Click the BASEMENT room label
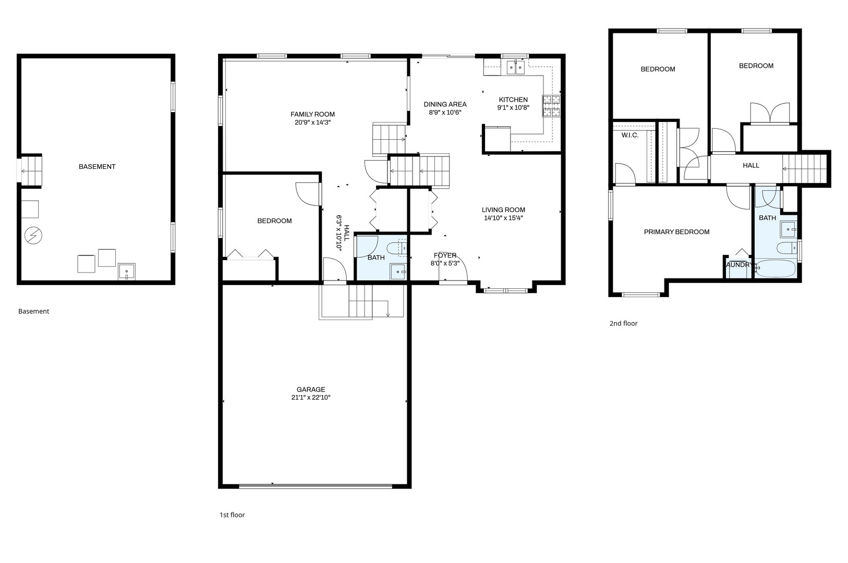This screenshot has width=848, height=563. pos(97,166)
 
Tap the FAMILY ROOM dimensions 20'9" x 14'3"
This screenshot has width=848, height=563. pos(313,123)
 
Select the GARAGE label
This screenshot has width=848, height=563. pos(311,389)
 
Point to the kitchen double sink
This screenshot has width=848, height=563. pos(516,68)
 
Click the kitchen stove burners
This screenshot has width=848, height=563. pos(551,105)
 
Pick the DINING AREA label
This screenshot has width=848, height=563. pos(445,104)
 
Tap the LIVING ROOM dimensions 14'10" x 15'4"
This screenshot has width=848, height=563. pos(503,218)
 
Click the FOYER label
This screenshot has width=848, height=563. pos(445,255)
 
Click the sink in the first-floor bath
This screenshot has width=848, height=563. pos(398,272)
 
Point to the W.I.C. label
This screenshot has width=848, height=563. pos(630,135)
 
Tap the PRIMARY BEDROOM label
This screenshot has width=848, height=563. pos(677,232)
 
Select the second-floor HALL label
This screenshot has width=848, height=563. pos(751,165)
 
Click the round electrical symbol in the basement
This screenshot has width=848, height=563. pos(33,235)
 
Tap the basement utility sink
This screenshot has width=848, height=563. pos(126,272)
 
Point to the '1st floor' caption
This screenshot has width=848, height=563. pos(232,515)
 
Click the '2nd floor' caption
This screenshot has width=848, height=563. pos(624,324)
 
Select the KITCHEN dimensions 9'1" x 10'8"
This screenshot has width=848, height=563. pos(513,107)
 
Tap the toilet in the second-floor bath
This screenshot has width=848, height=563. pos(787,248)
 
